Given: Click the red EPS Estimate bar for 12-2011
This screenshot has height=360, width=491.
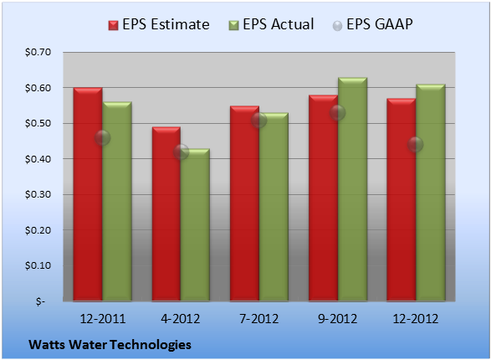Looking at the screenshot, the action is coord(88,194).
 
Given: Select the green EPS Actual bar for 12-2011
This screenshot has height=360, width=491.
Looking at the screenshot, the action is coord(117,201).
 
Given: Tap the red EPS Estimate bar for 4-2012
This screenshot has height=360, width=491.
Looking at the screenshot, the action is coord(166,214).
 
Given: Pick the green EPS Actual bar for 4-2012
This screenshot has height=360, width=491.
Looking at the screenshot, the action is coord(195,224).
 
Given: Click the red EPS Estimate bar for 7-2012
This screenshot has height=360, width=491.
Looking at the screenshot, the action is coord(244,203).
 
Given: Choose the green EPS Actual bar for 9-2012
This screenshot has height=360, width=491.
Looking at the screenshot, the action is coord(353,189).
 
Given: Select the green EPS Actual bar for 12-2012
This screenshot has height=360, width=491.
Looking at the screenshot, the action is coord(431,193).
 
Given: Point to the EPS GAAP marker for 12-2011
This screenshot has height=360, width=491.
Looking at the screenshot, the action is coord(102,138).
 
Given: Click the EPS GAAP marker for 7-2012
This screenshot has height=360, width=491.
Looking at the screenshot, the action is coord(259,120).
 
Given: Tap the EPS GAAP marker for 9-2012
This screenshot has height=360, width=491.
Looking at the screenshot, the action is coord(338,113).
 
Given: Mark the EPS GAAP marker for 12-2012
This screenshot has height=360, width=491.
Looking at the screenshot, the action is coord(416,145).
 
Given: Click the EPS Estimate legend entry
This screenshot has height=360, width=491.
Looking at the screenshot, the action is coord(159,24).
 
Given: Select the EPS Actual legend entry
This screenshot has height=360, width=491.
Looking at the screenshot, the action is coord(271,24).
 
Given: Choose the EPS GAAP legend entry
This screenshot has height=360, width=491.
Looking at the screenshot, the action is coord(372,24).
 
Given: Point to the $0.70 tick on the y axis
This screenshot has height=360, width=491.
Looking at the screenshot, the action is coord(38,52).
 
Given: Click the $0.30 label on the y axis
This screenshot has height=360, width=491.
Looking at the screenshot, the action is coord(38,194).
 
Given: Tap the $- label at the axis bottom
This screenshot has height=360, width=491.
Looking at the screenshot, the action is coord(40,301).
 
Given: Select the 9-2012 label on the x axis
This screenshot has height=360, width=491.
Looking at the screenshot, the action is coord(338,319).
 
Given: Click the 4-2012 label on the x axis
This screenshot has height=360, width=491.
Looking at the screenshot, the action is coord(181,319).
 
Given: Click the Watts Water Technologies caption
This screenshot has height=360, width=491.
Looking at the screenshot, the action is coord(110,345).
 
